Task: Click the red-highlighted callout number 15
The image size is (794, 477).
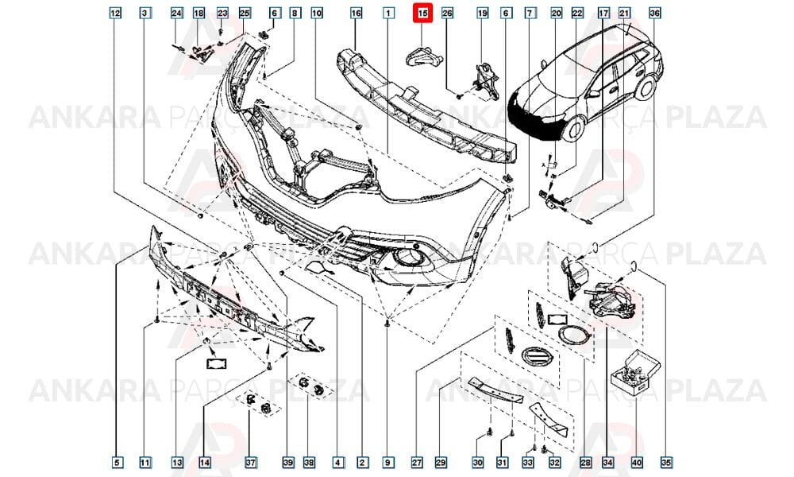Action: (422, 14)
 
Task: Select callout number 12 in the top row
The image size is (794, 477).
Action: (115, 14)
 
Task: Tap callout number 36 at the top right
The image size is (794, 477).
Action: (654, 14)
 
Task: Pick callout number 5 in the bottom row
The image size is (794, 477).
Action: (117, 463)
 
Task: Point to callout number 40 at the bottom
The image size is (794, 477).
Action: (637, 463)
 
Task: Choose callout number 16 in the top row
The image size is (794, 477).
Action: (356, 14)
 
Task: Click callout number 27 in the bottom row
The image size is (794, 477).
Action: (417, 463)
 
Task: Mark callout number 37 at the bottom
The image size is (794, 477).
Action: (251, 463)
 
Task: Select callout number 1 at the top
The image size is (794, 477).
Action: (388, 14)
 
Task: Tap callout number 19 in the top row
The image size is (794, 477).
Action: (483, 14)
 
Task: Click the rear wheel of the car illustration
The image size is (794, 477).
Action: (646, 87)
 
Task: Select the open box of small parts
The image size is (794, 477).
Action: (635, 374)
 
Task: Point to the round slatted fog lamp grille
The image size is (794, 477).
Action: (535, 356)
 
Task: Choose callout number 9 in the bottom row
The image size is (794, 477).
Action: (387, 463)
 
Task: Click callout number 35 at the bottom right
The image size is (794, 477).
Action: (665, 463)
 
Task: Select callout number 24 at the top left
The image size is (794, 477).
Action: (176, 14)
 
